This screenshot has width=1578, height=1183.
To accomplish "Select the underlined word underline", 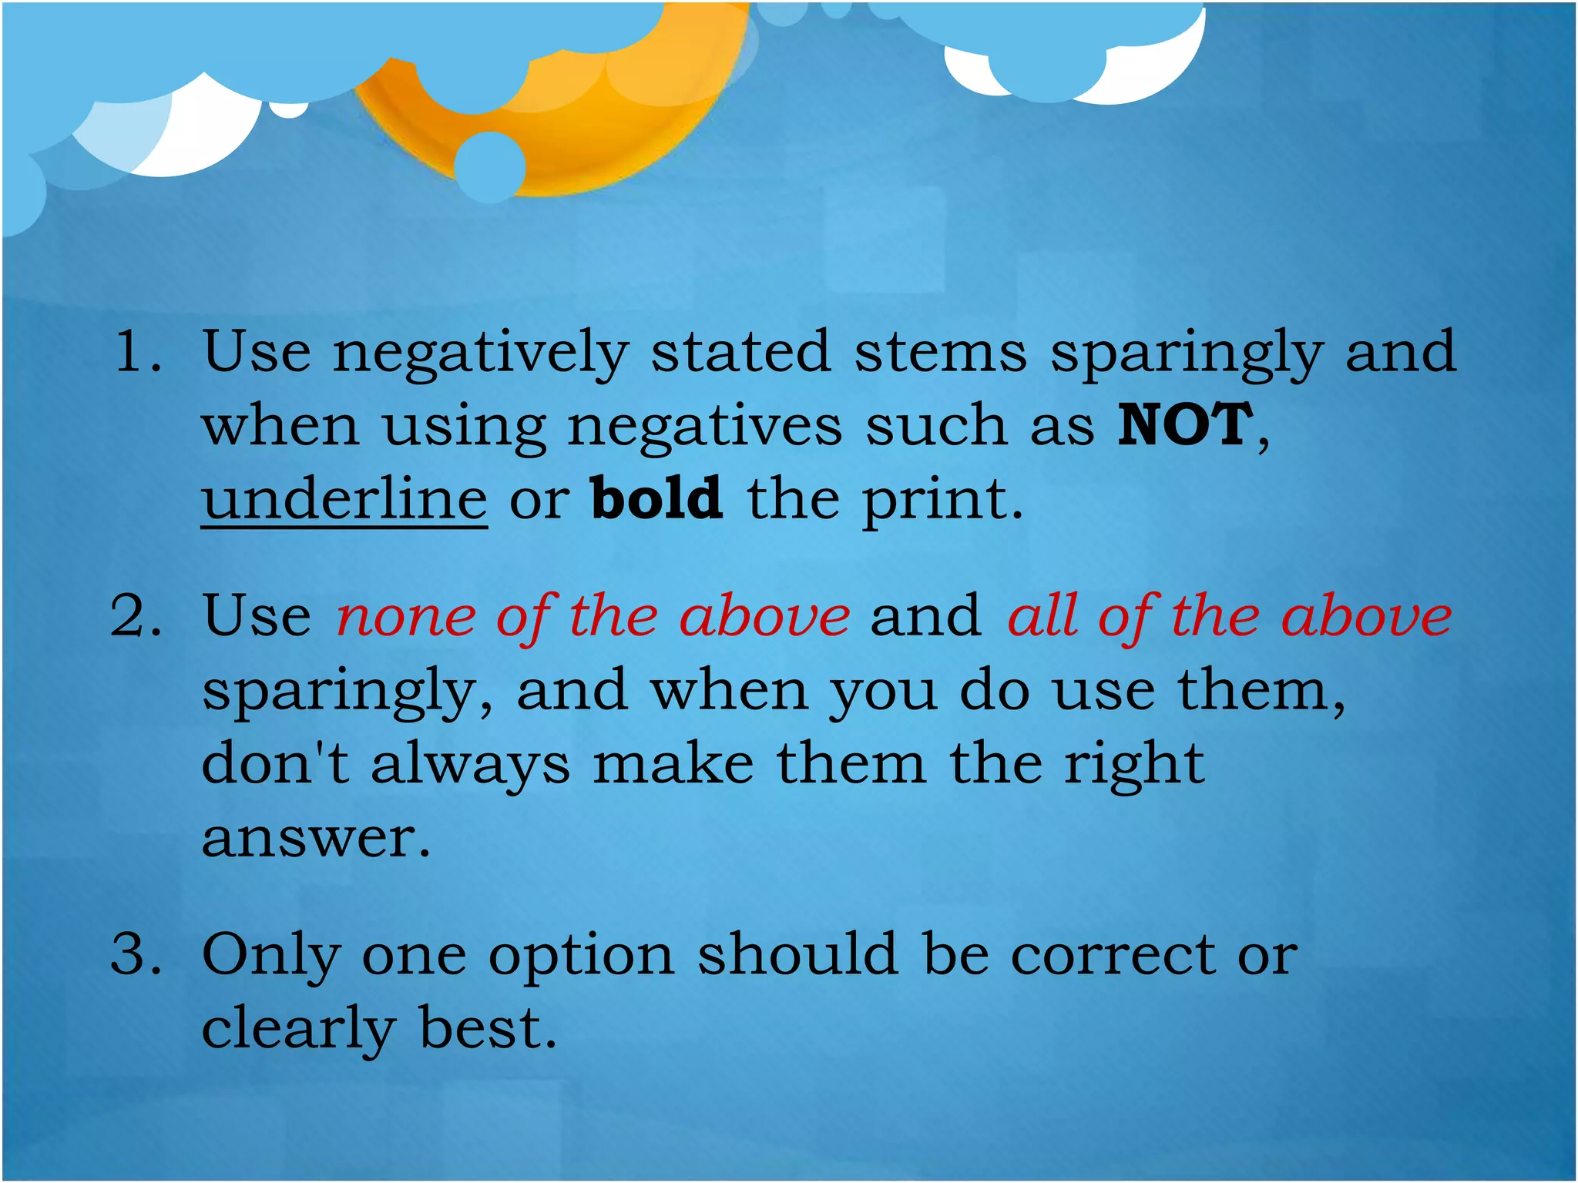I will pyautogui.click(x=344, y=499).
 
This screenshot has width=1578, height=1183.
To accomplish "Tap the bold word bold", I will pyautogui.click(x=656, y=498).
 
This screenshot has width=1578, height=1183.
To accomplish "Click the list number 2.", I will pyautogui.click(x=136, y=616).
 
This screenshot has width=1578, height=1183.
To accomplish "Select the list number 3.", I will pyautogui.click(x=136, y=953).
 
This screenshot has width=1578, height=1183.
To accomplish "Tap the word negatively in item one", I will pyautogui.click(x=481, y=353).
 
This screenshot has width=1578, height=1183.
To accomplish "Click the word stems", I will pyautogui.click(x=940, y=351).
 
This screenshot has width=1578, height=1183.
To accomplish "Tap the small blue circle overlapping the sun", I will pyautogui.click(x=490, y=166).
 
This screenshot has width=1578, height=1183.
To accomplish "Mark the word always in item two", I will pyautogui.click(x=471, y=766).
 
